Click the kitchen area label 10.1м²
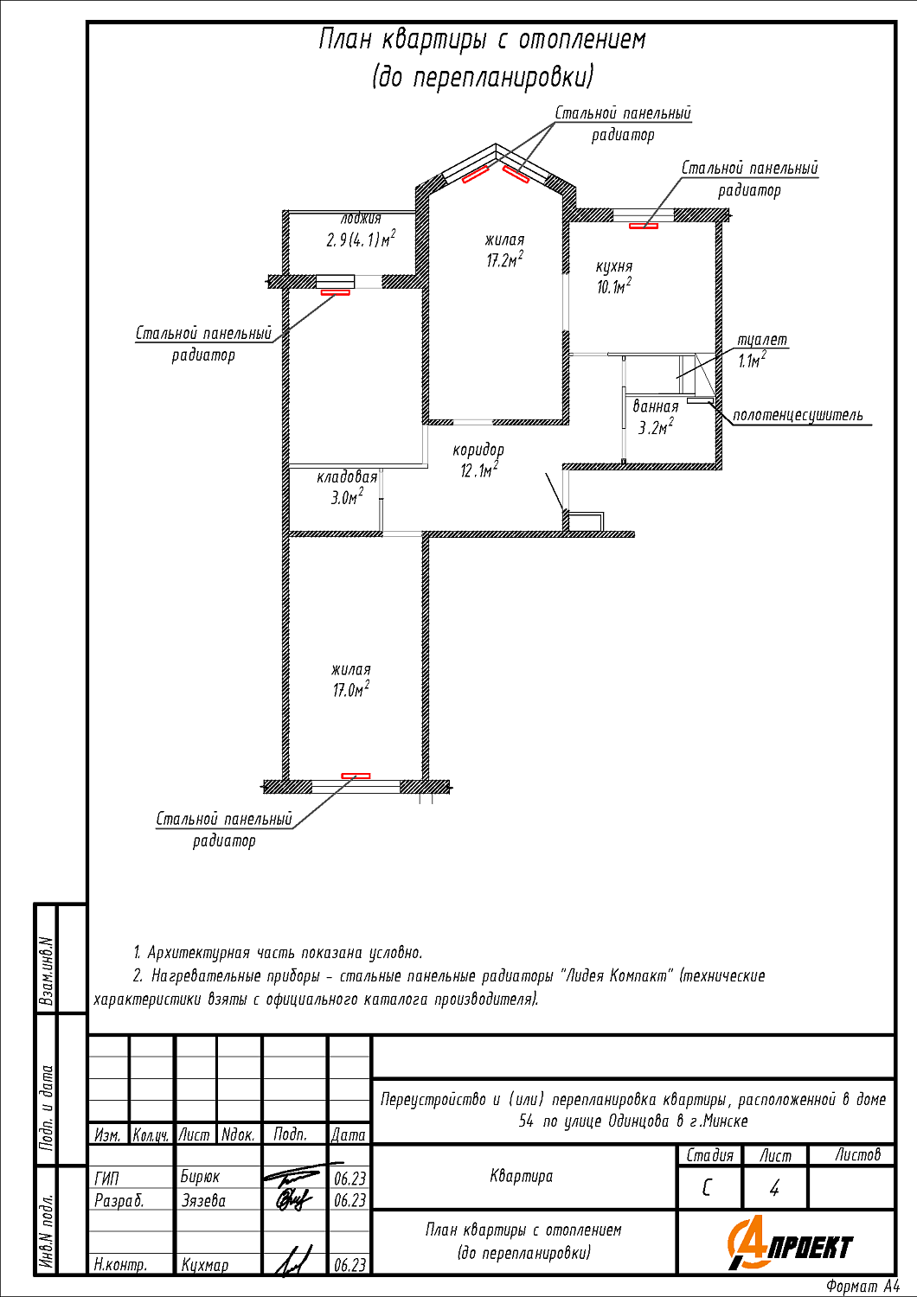(614, 286)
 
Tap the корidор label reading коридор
(478, 450)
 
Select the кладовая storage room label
(347, 477)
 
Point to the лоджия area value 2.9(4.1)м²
(361, 239)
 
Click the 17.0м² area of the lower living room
(351, 690)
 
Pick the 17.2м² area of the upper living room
(504, 260)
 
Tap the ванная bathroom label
(656, 406)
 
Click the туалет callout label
(762, 340)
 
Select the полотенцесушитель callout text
(798, 415)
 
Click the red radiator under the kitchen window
(644, 226)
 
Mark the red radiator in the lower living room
(356, 776)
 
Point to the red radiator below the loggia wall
(336, 293)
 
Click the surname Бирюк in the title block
(200, 1177)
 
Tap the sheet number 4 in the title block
(774, 1189)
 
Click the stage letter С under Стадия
(706, 1189)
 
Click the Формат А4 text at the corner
(862, 1287)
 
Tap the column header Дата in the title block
(348, 1134)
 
